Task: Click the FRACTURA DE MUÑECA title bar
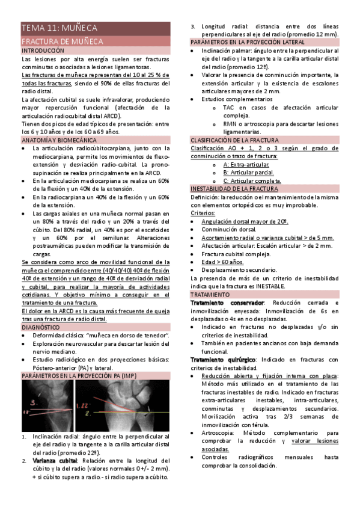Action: (x=63, y=41)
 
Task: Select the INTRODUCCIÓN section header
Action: (x=42, y=52)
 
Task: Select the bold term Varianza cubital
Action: (x=55, y=460)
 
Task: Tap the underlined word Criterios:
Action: (x=203, y=213)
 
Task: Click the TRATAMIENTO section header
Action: (x=210, y=295)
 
